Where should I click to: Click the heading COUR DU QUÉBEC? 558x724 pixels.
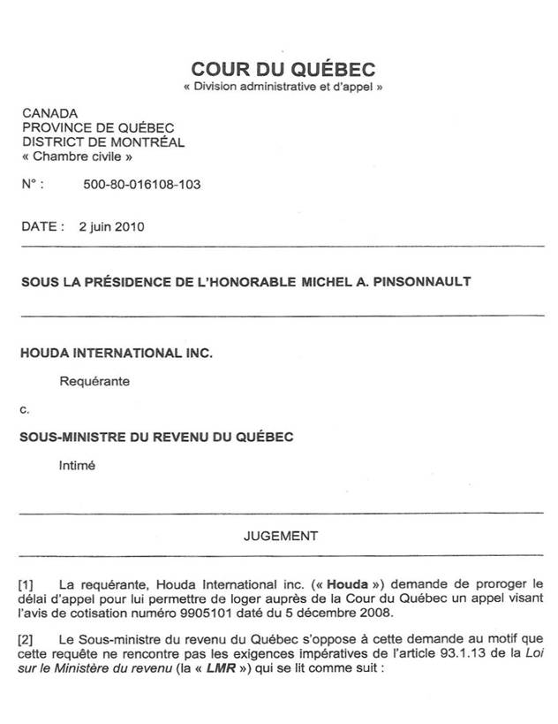(283, 70)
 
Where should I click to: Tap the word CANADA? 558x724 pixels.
(49, 114)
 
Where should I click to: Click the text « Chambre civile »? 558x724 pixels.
(77, 156)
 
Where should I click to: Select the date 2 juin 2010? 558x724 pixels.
(111, 225)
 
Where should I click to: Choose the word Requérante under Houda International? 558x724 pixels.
(94, 382)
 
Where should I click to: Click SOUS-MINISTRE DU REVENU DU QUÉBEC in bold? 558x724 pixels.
(157, 437)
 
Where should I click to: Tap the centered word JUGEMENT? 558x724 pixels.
(281, 535)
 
